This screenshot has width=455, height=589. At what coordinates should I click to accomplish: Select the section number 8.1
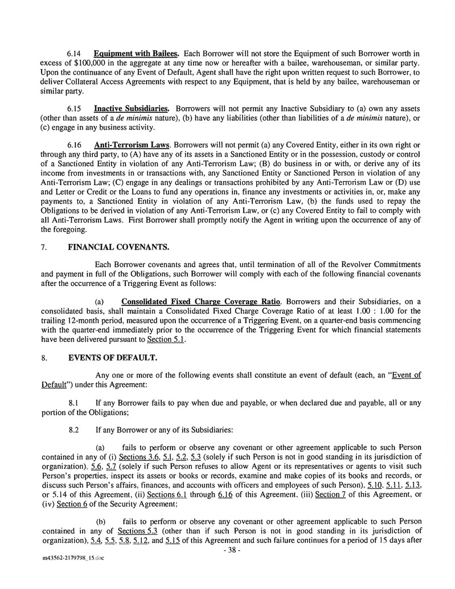73,402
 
